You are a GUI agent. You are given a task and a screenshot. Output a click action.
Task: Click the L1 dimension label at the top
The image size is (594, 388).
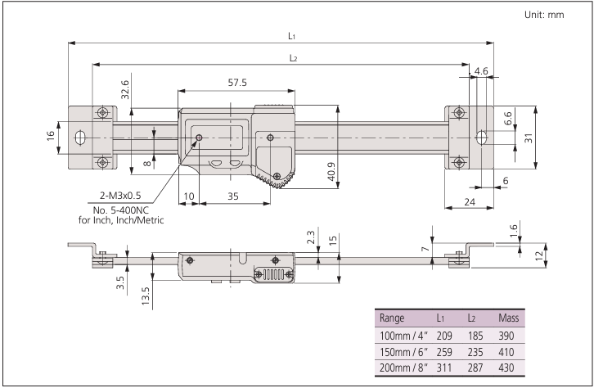pyautogui.click(x=291, y=35)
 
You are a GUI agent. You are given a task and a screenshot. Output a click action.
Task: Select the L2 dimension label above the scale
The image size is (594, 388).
pyautogui.click(x=293, y=56)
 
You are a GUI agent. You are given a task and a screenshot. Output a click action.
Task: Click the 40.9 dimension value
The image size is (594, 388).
pyautogui.click(x=330, y=171)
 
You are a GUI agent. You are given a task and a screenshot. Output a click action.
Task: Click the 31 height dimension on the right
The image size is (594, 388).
pyautogui.click(x=529, y=138)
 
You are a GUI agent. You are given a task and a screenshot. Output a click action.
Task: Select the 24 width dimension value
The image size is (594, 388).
pyautogui.click(x=469, y=201)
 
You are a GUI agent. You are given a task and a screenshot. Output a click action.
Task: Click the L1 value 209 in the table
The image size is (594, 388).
pyautogui.click(x=444, y=336)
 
